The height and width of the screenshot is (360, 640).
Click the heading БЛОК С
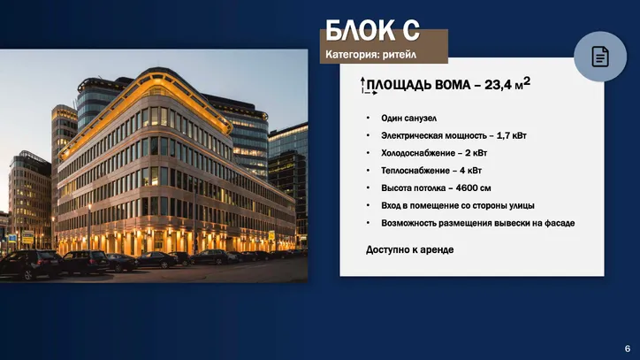click(x=372, y=30)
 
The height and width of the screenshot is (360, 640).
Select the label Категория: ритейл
click(x=370, y=54)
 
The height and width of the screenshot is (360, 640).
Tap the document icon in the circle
click(x=600, y=57)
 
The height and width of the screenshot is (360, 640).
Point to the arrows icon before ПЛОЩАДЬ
click(x=368, y=86)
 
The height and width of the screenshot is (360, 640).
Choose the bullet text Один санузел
click(x=408, y=119)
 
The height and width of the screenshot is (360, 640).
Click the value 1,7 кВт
click(x=512, y=135)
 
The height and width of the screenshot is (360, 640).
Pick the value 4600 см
click(x=473, y=188)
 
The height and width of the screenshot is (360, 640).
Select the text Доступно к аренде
click(x=409, y=249)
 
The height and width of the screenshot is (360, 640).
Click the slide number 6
click(x=628, y=349)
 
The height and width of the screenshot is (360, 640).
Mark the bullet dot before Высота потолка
click(x=368, y=188)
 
